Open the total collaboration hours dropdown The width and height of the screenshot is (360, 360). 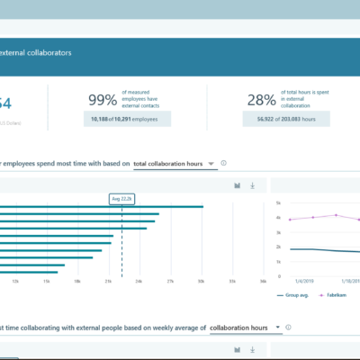pos(175,164)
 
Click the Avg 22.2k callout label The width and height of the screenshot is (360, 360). pos(121,199)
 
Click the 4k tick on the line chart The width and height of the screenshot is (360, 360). pos(279,218)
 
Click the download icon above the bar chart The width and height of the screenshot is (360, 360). pos(253,185)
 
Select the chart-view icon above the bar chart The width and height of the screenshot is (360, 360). pos(237,185)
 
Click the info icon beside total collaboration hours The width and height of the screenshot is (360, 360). pos(223,164)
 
